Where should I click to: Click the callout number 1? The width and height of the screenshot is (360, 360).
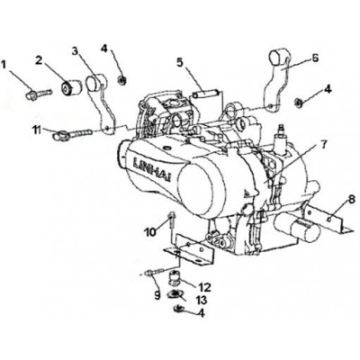coord(4,65)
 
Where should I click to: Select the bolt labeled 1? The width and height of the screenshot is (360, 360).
coord(40,94)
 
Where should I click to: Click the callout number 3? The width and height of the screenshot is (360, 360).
coord(76,51)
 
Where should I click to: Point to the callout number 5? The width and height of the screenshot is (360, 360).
coord(180,62)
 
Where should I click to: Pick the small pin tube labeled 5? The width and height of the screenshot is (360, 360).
coord(207,93)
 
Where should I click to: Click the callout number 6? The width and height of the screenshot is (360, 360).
coord(315,58)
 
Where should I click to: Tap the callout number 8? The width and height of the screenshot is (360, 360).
coord(352,199)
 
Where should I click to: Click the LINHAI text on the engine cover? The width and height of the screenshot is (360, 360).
coord(151,169)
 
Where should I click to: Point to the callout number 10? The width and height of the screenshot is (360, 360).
coord(149,232)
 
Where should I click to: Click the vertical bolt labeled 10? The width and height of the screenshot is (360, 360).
coord(172,221)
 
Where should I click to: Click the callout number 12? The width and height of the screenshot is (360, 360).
coord(203,287)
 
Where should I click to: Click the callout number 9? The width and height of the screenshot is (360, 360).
coord(157,295)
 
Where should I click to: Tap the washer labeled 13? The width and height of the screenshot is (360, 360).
coord(175,294)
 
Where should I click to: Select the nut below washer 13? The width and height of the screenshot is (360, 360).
coord(179,308)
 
